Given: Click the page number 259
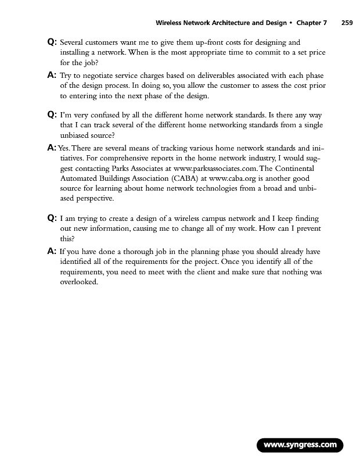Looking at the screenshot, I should (347, 23).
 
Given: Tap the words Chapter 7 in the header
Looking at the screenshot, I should (312, 23).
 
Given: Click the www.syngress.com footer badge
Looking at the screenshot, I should (300, 446).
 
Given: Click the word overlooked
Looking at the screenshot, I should (80, 283).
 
